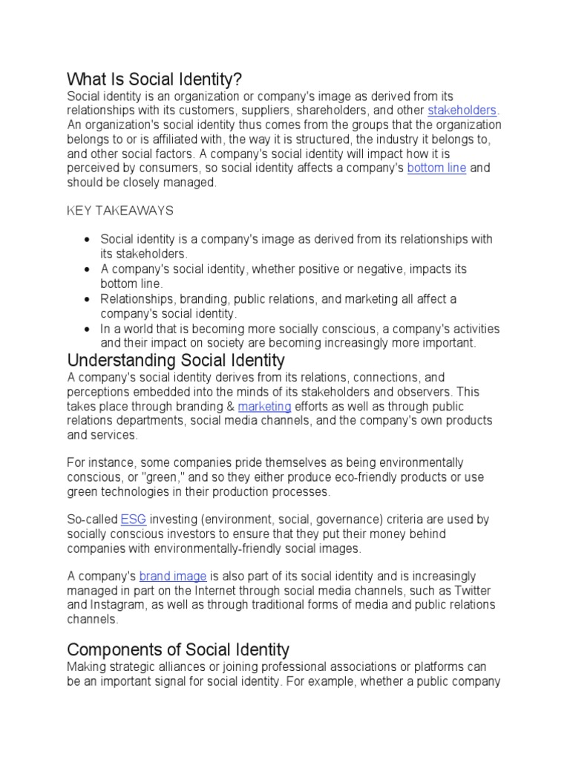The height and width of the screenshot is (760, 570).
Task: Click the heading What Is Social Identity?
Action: (x=155, y=79)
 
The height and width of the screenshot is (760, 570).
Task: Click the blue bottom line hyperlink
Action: (x=436, y=168)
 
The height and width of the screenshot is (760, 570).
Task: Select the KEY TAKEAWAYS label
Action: (x=120, y=211)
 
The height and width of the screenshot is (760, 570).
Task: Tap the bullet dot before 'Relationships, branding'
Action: (x=88, y=299)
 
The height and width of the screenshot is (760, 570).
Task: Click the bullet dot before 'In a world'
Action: (x=88, y=329)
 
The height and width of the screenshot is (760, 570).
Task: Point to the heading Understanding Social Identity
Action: (x=176, y=361)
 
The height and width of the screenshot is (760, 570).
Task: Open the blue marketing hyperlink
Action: (x=264, y=406)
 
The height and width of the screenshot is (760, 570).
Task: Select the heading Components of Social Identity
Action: (x=178, y=650)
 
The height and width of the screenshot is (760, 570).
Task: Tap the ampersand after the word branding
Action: (x=229, y=406)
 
